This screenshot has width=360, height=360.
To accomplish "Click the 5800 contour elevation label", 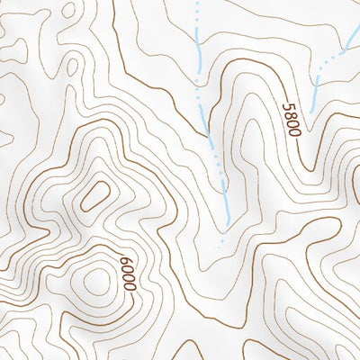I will [289, 119].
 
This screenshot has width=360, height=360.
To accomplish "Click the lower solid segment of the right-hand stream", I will [318, 88].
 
